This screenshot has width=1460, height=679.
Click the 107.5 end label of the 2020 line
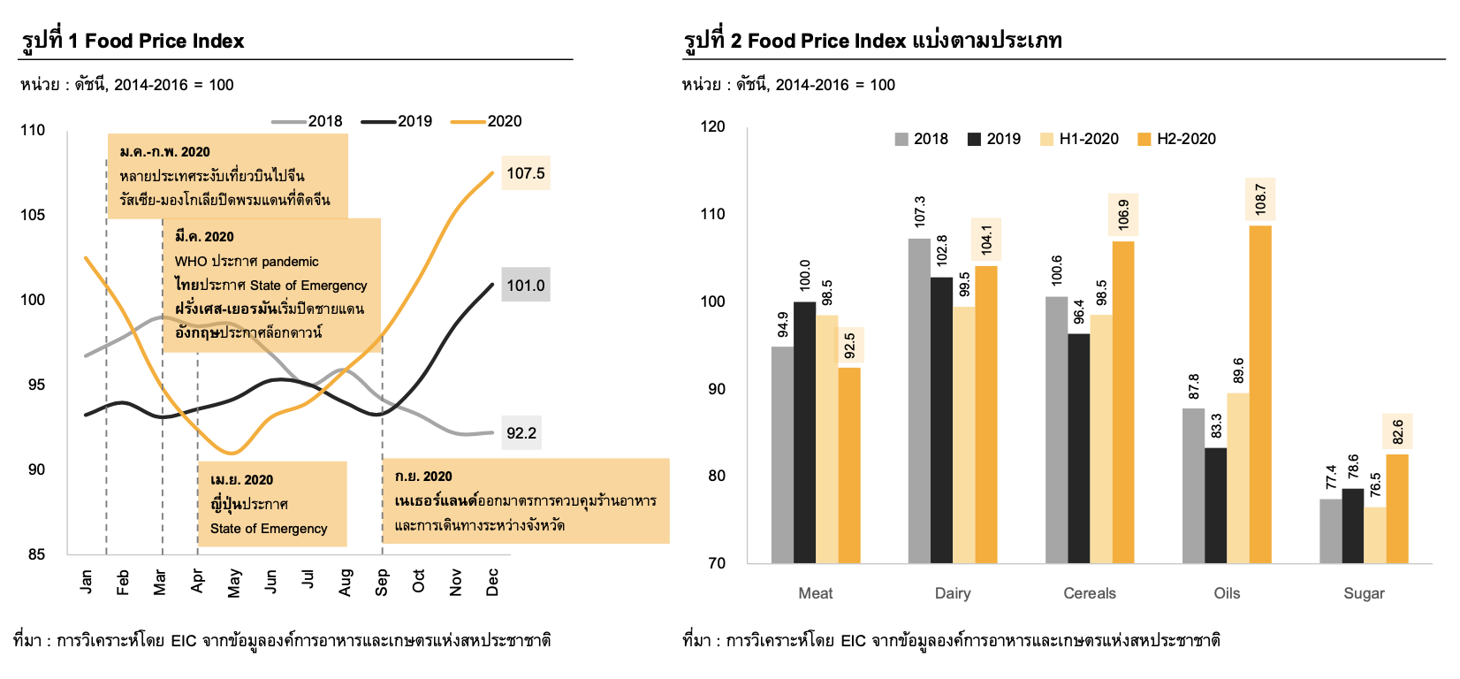pyautogui.click(x=525, y=173)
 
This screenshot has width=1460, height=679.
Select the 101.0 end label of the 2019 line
pyautogui.click(x=525, y=286)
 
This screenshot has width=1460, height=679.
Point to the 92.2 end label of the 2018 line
pyautogui.click(x=521, y=433)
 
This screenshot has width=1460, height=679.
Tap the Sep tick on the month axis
pyautogui.click(x=382, y=582)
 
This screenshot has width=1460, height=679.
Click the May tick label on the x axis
pyautogui.click(x=234, y=583)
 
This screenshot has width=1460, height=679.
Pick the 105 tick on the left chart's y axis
pyautogui.click(x=33, y=215)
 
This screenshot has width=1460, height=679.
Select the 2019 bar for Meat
pyautogui.click(x=804, y=432)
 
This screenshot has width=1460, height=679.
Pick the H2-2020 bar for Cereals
pyautogui.click(x=1123, y=402)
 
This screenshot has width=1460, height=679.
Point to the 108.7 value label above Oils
pyautogui.click(x=1260, y=199)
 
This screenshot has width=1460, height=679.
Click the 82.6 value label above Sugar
pyautogui.click(x=1397, y=432)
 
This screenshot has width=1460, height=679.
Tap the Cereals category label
pyautogui.click(x=1090, y=593)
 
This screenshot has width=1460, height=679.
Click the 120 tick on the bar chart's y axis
pyautogui.click(x=712, y=126)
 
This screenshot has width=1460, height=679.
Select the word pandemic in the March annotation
pyautogui.click(x=290, y=262)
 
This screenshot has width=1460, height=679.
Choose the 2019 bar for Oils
pyautogui.click(x=1215, y=506)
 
